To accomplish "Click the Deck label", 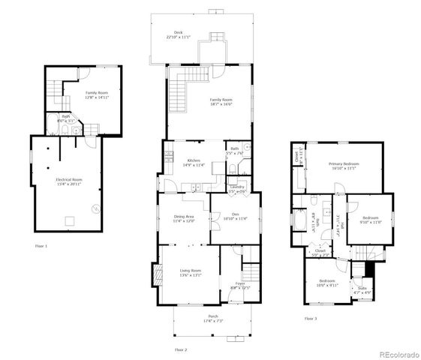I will click(x=178, y=33).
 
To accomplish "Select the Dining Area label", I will click(x=184, y=217).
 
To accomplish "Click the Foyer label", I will click(x=239, y=283).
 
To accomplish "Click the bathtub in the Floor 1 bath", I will click(x=54, y=128).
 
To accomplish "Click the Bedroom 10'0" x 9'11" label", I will click(x=326, y=282).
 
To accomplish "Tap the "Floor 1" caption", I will click(x=41, y=246).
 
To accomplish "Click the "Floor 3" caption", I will click(x=311, y=319).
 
